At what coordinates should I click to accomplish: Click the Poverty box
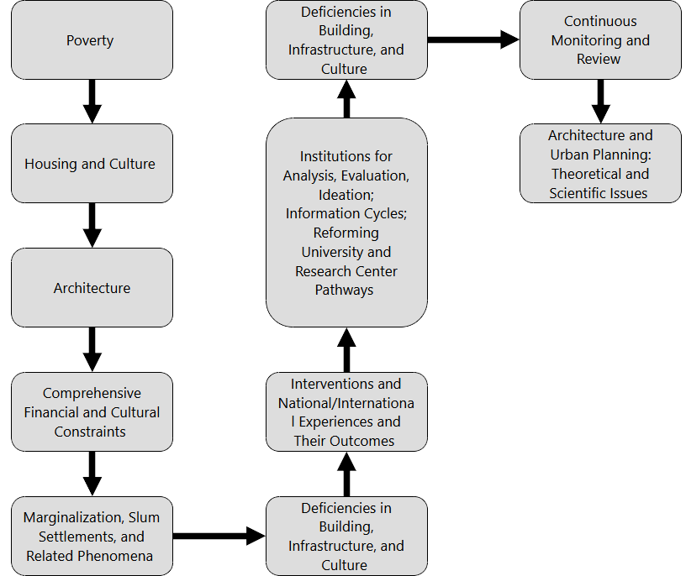click(x=91, y=40)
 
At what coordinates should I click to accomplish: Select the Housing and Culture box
click(x=91, y=164)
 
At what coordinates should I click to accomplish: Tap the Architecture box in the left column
click(x=91, y=288)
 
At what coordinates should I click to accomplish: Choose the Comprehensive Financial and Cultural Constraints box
click(x=91, y=412)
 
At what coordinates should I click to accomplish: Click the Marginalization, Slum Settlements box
click(x=91, y=536)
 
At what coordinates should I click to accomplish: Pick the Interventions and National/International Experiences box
click(x=346, y=412)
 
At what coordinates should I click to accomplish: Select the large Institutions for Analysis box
click(x=346, y=223)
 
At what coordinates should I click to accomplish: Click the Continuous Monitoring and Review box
click(x=600, y=40)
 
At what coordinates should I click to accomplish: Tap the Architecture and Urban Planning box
click(x=600, y=164)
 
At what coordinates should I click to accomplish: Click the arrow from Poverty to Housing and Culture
click(x=92, y=102)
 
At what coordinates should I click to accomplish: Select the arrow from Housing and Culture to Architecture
click(x=92, y=226)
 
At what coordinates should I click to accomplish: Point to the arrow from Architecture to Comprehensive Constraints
click(x=92, y=349)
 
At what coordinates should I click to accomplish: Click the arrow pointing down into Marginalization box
click(x=92, y=474)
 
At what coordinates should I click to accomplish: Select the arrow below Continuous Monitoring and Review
click(x=600, y=102)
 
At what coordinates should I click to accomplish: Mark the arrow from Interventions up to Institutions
click(x=346, y=349)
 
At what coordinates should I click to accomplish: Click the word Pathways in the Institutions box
click(x=345, y=291)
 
